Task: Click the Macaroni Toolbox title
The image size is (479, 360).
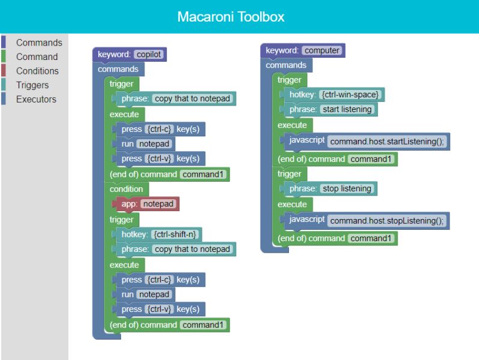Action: pos(231,17)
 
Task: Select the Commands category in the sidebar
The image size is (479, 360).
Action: pos(39,43)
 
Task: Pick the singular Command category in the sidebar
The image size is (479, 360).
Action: pos(37,57)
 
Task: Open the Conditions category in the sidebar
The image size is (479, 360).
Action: pos(37,71)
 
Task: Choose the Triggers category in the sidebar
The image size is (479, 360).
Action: pos(32,85)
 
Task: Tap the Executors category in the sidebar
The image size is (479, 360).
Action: pos(36,100)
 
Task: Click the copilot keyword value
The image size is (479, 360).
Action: pos(149,55)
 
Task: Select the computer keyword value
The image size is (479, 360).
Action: pos(323,51)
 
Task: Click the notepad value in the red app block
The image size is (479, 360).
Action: pos(158,204)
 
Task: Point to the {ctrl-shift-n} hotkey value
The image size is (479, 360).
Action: pos(177,234)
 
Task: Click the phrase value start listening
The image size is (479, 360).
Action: pos(347,109)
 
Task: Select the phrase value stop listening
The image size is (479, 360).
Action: pos(347,188)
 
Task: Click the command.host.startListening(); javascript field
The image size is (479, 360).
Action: pos(387,142)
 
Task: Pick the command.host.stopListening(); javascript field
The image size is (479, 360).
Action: pos(387,221)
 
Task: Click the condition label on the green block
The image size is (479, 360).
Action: pos(126,189)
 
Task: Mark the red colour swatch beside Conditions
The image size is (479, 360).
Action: pos(3,71)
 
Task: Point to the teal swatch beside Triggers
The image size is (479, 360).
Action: pos(3,85)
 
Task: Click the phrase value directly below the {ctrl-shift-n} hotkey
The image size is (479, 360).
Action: pos(192,249)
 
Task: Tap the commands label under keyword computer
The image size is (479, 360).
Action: pos(286,65)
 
